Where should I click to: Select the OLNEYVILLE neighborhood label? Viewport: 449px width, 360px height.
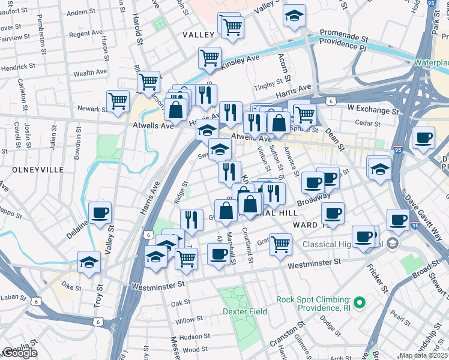point(37,170)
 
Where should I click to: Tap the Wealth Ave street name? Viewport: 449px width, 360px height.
point(90,73)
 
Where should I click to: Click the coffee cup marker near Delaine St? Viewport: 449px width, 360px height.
point(100,212)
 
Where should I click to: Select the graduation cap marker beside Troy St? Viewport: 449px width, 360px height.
point(89,262)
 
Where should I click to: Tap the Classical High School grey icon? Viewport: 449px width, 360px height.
point(393,244)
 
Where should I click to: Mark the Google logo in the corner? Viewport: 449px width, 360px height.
point(20,353)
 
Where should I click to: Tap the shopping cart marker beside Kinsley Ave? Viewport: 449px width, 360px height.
point(209,58)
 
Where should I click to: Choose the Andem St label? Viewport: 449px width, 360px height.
point(77,12)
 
